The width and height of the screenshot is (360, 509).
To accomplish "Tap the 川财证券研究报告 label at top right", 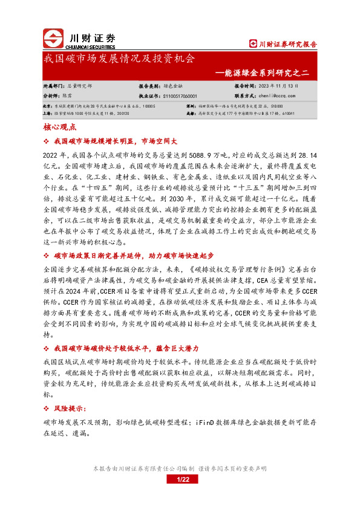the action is pyautogui.click(x=284, y=44).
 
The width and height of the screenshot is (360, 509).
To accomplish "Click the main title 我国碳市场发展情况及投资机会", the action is pyautogui.click(x=119, y=59).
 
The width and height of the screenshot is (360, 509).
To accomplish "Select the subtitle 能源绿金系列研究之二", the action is pyautogui.click(x=266, y=73).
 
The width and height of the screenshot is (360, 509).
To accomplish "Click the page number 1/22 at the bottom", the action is pyautogui.click(x=183, y=479).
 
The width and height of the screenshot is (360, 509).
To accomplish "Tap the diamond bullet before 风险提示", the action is pyautogui.click(x=47, y=409).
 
